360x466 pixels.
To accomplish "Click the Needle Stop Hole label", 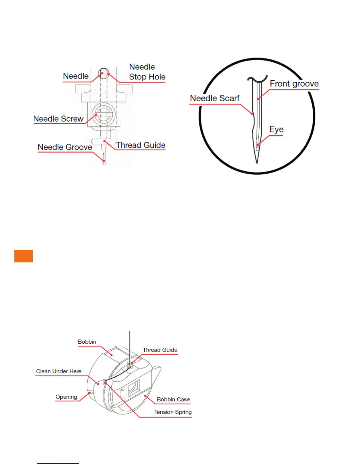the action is point(147,72).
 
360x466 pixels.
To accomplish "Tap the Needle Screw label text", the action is point(58,119).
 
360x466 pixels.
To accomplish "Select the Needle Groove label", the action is point(65,147).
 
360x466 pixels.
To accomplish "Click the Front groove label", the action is point(294,84).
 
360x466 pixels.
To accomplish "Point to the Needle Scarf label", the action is point(215,98).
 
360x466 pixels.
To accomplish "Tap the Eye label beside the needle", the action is point(276,129).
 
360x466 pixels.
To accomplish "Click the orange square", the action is point(24,256).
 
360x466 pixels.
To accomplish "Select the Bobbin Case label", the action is point(173,400).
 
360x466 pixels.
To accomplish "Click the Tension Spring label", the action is point(173,412).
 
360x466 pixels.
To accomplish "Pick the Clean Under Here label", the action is point(59,372).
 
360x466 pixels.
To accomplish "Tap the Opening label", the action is point(66,397).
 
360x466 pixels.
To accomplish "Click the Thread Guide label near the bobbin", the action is point(160,350).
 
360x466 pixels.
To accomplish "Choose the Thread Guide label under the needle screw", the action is point(141,145).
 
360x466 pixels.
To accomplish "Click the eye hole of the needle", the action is point(257,144).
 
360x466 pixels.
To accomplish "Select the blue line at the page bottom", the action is point(58,463).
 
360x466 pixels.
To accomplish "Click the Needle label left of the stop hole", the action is point(76,76).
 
